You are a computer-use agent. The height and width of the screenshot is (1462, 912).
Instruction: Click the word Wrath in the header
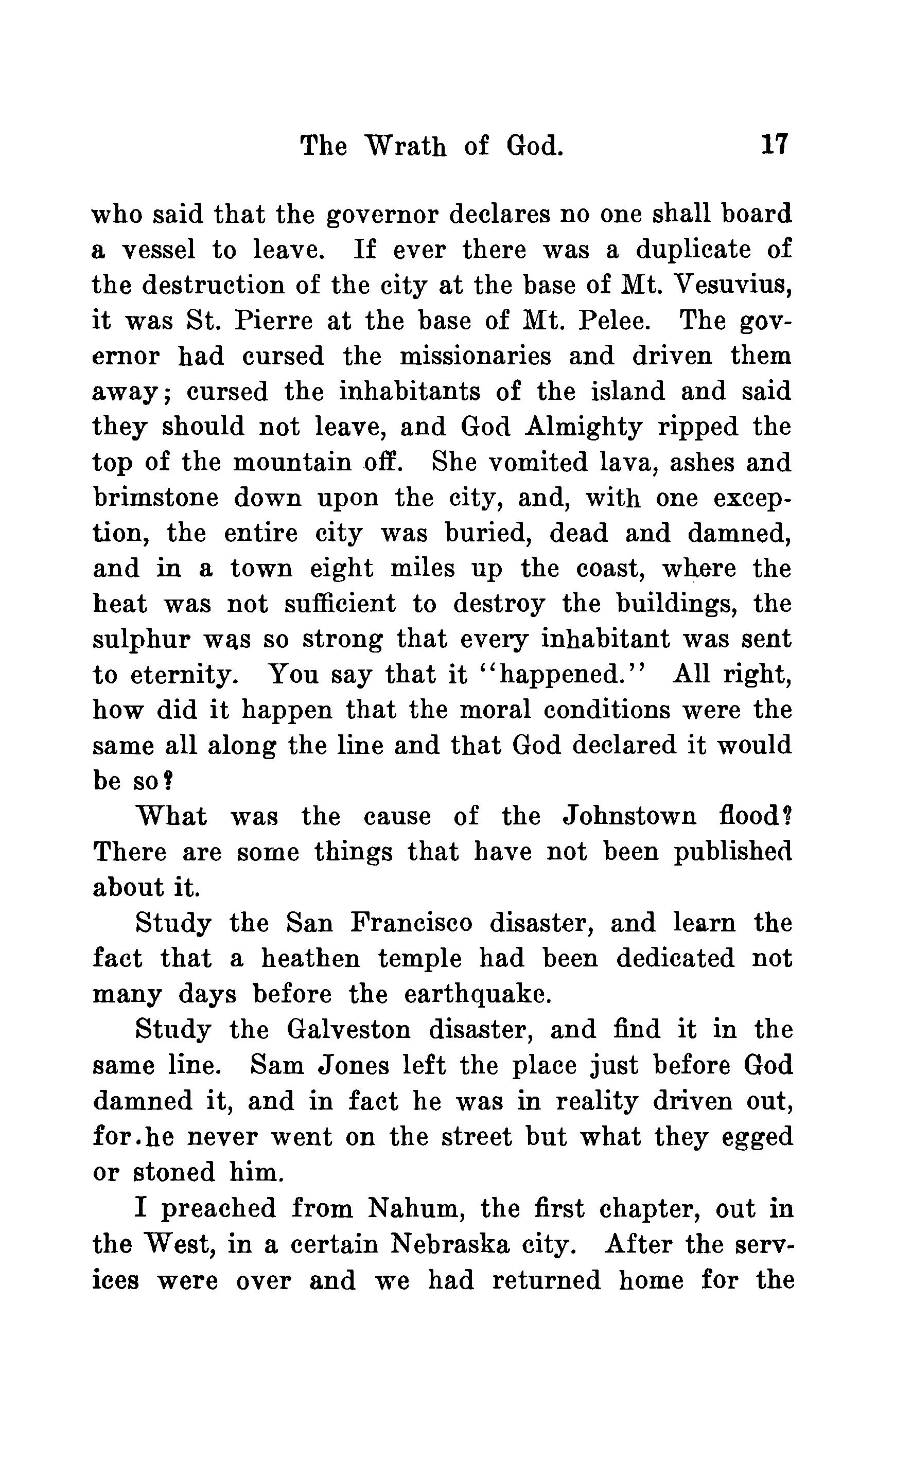click(406, 146)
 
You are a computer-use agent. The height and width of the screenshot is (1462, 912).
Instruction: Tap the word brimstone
click(155, 498)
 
